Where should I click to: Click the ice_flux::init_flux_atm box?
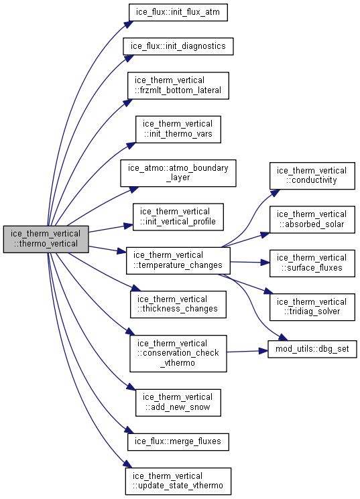point(178,13)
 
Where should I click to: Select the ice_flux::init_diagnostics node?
point(178,46)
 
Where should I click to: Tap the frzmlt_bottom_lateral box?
point(178,86)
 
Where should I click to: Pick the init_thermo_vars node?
point(178,129)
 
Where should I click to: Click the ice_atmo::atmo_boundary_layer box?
point(178,173)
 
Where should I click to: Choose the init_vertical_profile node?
point(178,217)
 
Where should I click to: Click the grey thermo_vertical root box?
point(46,239)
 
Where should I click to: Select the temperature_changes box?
point(178,261)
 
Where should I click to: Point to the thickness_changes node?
point(178,305)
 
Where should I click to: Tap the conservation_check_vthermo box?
point(178,353)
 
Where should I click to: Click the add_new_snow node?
point(178,403)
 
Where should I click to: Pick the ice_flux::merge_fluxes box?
point(178,441)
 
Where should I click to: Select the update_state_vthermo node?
point(178,481)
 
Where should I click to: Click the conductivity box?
point(312,176)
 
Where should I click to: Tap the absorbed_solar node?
point(312,220)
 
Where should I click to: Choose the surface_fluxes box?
point(312,263)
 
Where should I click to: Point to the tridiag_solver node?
point(312,307)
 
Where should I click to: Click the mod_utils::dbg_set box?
point(312,349)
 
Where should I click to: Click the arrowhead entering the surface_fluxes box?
point(265,263)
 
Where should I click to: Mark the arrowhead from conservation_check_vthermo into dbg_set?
point(263,351)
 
